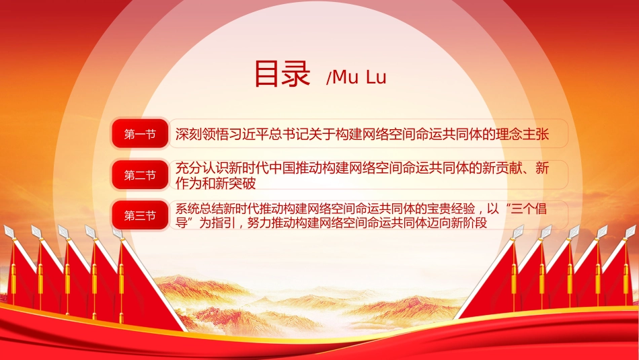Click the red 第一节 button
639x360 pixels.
tap(140, 134)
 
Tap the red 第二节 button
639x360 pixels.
tap(140, 175)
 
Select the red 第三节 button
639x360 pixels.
tap(140, 215)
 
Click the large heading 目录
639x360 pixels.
tap(282, 74)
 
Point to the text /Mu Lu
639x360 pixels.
tap(356, 77)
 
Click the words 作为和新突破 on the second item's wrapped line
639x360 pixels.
tap(216, 184)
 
